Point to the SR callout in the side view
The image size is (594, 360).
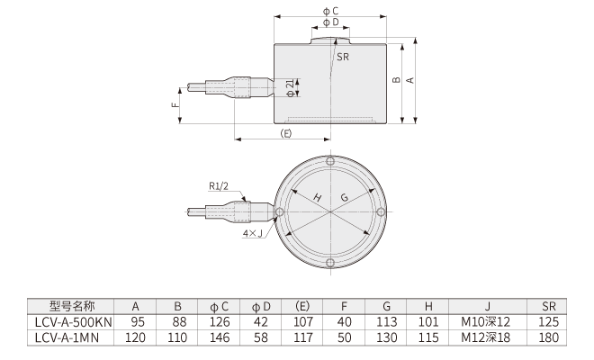coord(343,57)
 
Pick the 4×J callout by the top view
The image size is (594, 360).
coord(253,234)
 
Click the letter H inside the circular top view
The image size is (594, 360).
coord(317,198)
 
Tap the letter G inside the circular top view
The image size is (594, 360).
coord(345,198)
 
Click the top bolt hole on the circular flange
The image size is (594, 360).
coord(330,162)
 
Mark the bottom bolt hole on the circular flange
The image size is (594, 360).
coord(330,263)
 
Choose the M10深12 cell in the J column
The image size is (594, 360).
coord(485,321)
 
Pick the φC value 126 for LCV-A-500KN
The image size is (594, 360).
coord(219,321)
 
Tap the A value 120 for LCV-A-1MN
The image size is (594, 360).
coord(138,337)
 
